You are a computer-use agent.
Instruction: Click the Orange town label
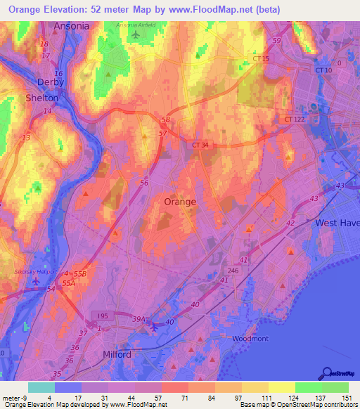179,201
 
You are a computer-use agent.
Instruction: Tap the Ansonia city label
71,26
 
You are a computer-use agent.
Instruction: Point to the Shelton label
41,98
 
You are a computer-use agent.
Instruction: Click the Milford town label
117,355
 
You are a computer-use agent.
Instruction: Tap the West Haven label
337,223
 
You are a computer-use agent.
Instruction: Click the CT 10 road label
323,70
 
